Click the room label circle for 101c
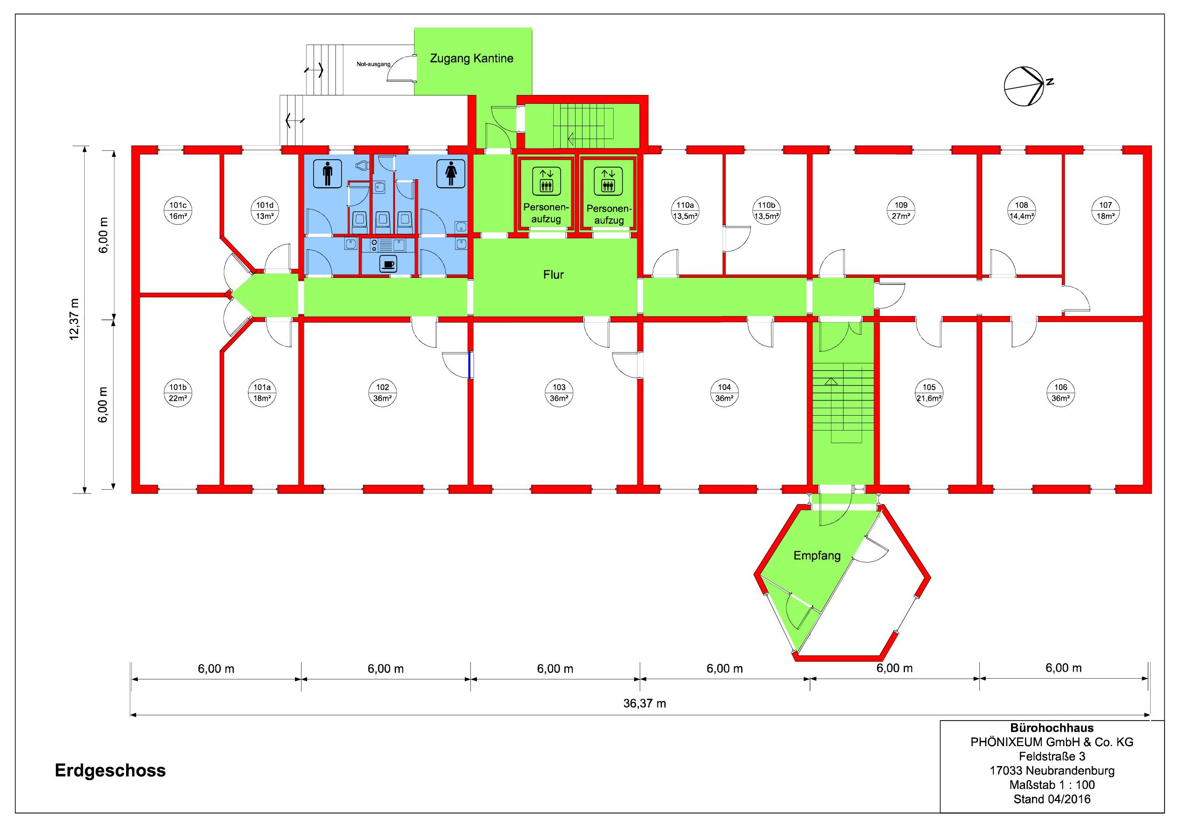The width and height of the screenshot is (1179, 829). tap(178, 210)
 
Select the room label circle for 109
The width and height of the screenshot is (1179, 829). tap(901, 210)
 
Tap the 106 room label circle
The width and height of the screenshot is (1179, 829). tap(1060, 392)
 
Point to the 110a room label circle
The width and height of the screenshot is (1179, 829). tap(685, 210)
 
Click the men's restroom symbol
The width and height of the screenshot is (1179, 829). tap(328, 174)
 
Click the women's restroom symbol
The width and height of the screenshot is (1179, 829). tap(451, 174)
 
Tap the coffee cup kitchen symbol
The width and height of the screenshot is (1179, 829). tap(388, 264)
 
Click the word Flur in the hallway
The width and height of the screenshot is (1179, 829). tap(553, 275)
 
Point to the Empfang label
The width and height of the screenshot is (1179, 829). tap(817, 556)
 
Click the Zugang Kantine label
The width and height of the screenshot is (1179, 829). tap(471, 59)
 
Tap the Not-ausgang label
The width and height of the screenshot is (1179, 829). tap(373, 64)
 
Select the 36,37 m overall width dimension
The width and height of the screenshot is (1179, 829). tap(644, 704)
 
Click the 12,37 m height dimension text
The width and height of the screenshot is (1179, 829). tap(75, 319)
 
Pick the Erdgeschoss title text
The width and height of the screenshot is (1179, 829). tap(110, 770)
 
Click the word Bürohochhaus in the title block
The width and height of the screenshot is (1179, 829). tap(1052, 728)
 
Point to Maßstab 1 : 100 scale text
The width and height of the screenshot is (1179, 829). tap(1052, 785)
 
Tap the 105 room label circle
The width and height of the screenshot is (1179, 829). tap(929, 392)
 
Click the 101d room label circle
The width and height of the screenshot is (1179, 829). tap(264, 210)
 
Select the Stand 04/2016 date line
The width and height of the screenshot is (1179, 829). tap(1052, 799)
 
